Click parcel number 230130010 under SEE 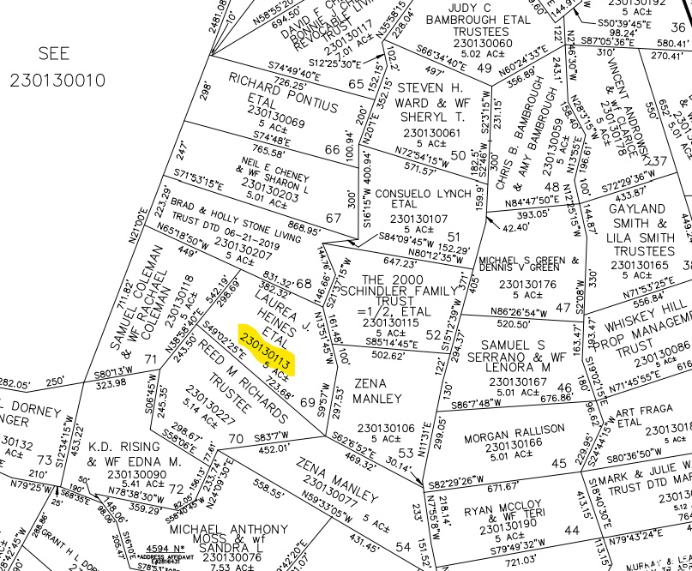(57, 81)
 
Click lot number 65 (357, 84)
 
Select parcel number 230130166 (514, 442)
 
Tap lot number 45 (559, 464)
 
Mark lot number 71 (151, 359)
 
